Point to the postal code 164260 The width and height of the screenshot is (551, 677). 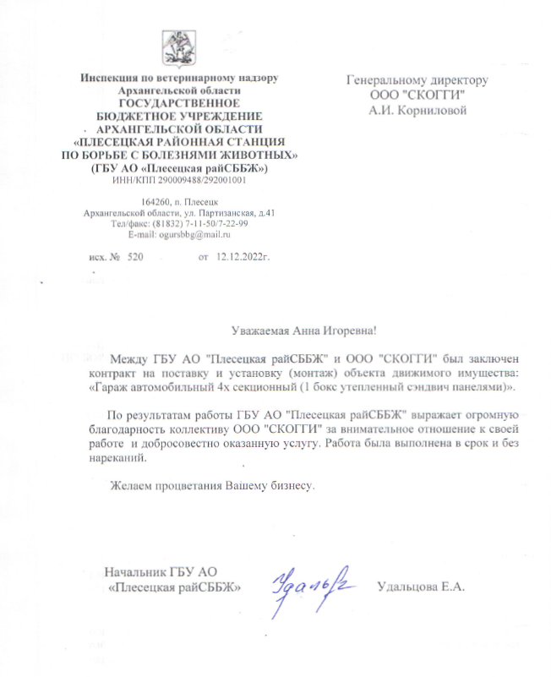(155, 203)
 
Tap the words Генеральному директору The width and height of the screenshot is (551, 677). (417, 80)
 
